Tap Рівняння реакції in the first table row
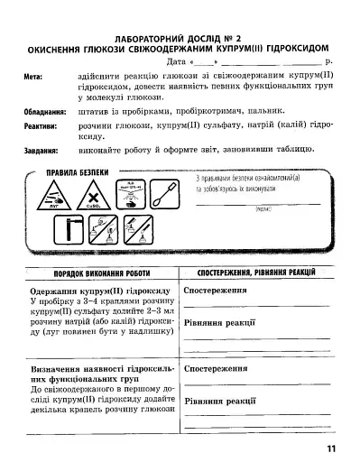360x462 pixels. pos(217,322)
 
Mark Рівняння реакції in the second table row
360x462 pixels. pos(217,400)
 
